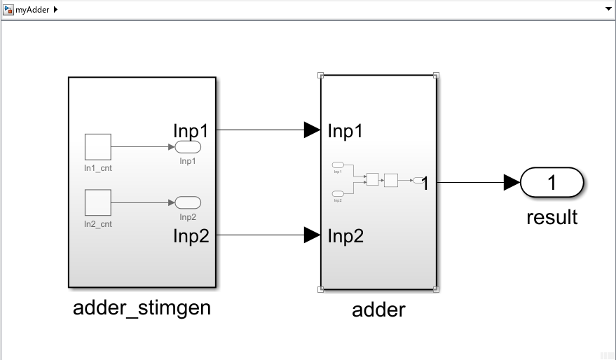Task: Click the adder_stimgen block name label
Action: [x=142, y=307]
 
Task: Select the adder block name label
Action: [x=378, y=309]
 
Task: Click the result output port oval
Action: [x=552, y=183]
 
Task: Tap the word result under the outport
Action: [x=552, y=217]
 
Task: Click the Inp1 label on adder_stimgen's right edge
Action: [x=191, y=130]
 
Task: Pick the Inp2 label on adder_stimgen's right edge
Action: [x=191, y=236]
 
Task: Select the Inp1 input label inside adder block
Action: [x=345, y=131]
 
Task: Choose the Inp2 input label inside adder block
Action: [x=345, y=236]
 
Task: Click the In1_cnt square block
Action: [x=98, y=147]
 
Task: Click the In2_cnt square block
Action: [x=98, y=202]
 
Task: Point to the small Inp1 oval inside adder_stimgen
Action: [x=188, y=147]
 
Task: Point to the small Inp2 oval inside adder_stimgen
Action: [x=188, y=202]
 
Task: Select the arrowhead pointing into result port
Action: [x=512, y=183]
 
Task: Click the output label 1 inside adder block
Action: [x=425, y=184]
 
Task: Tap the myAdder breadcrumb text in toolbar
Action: [x=32, y=10]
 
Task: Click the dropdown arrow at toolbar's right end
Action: [x=608, y=10]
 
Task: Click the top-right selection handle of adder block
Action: [x=436, y=75]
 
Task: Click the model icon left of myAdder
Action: [x=8, y=10]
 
